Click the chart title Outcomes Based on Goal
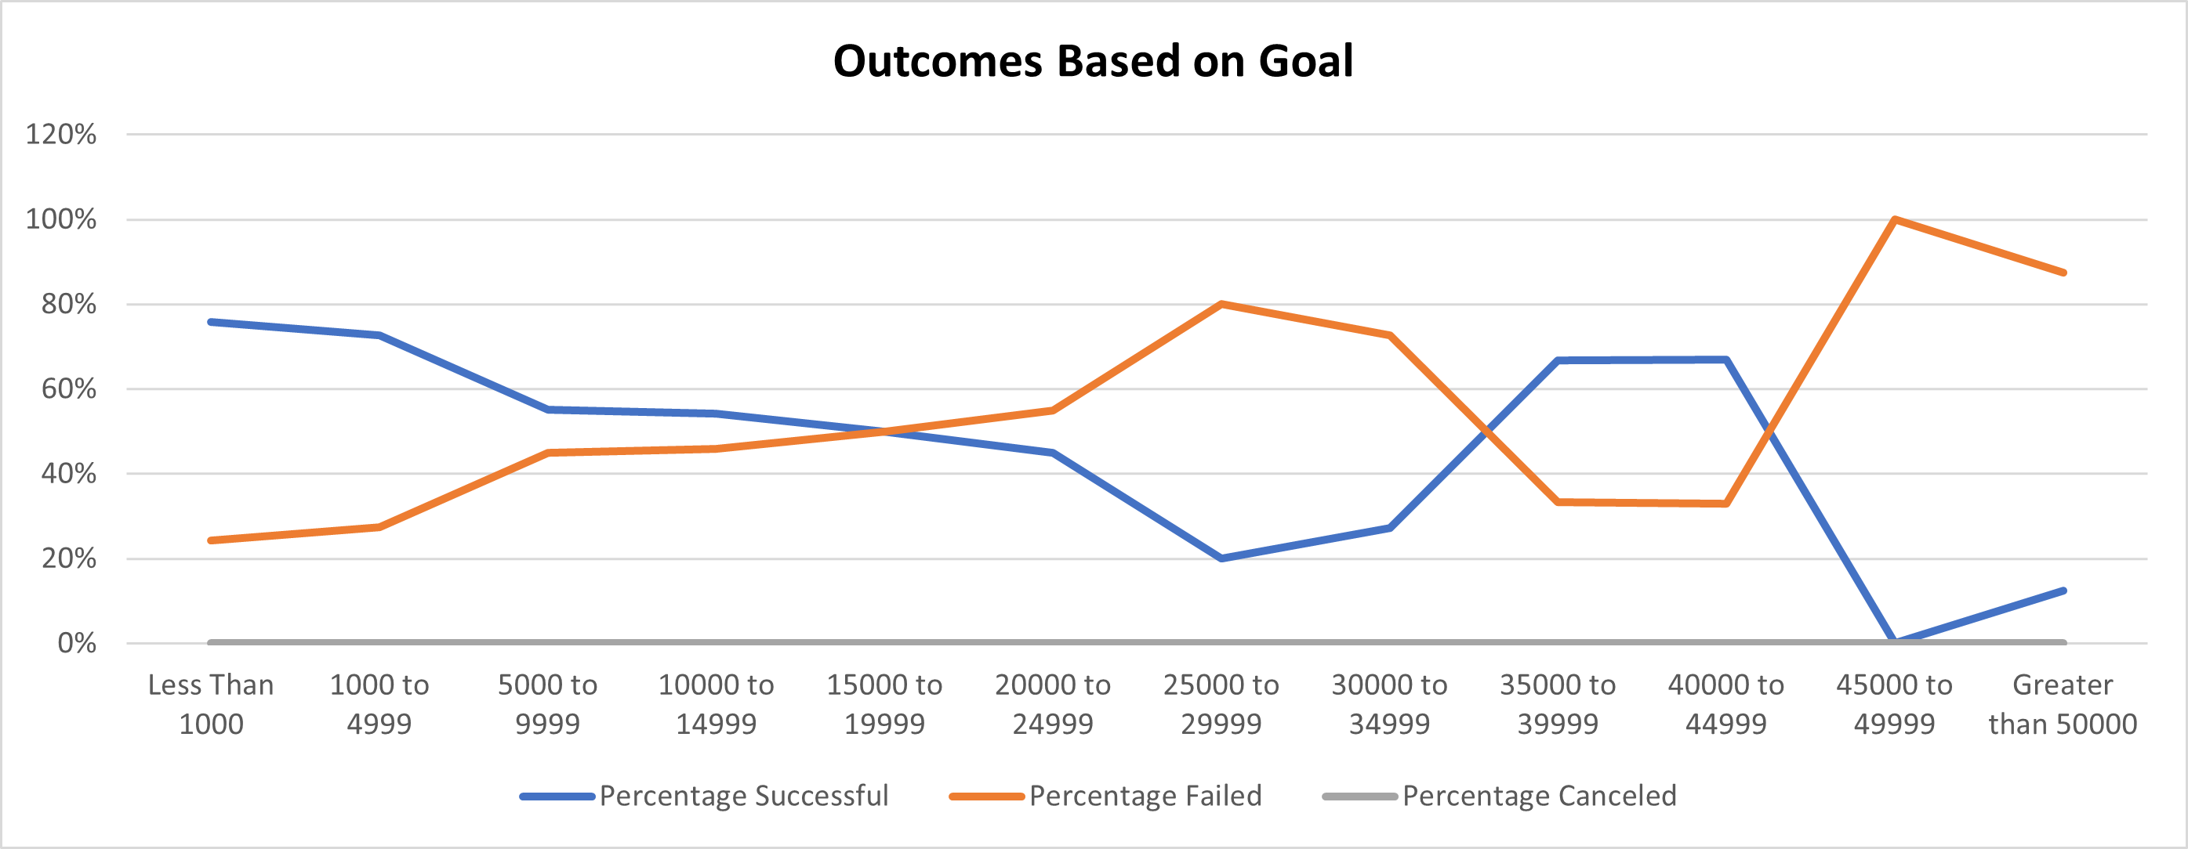click(x=1092, y=61)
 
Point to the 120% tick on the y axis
click(x=61, y=134)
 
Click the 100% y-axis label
click(x=61, y=219)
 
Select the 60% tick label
click(x=69, y=388)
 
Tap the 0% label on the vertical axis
click(x=77, y=643)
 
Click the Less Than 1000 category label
click(x=211, y=704)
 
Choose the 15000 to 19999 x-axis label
click(x=884, y=704)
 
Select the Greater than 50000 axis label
click(x=2063, y=704)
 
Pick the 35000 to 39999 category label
click(x=1557, y=704)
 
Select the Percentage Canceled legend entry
click(x=1538, y=796)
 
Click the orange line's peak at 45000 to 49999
click(x=1894, y=220)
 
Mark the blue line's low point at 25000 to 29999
click(x=1221, y=558)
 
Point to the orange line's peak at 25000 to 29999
click(x=1221, y=304)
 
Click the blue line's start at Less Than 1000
click(x=211, y=322)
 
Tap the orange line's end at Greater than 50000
click(x=2063, y=273)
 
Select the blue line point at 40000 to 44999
click(x=1726, y=360)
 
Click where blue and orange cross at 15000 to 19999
click(x=884, y=432)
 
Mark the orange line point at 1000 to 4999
click(x=379, y=527)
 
